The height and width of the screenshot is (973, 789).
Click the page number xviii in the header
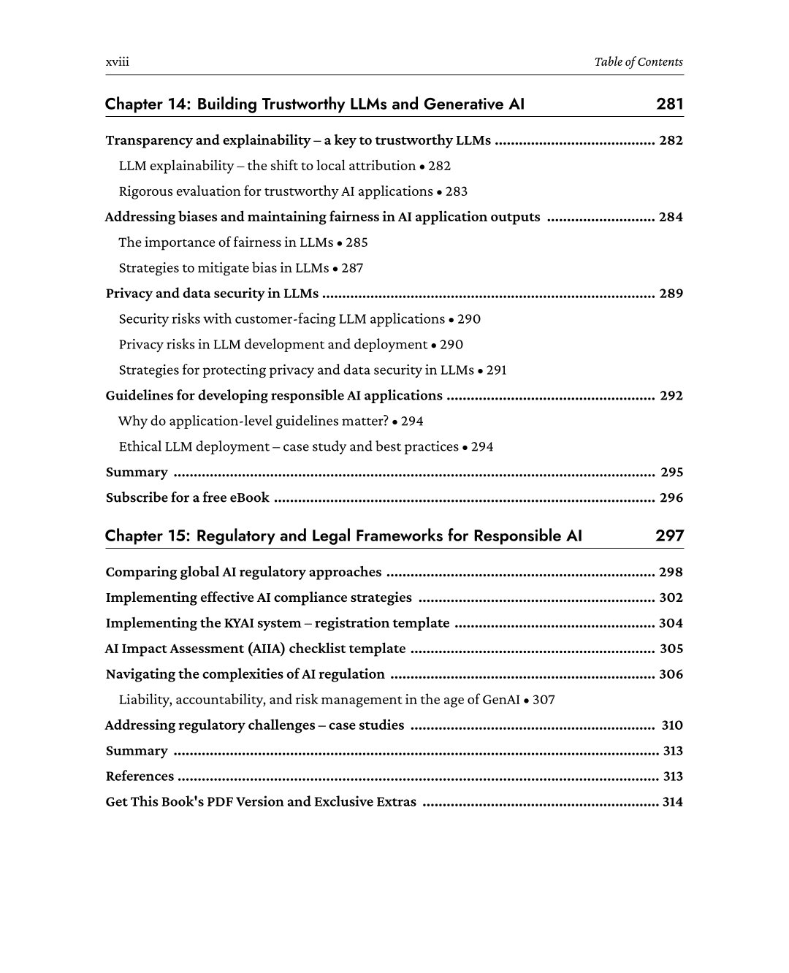(117, 62)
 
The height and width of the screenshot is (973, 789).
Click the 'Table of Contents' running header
(639, 62)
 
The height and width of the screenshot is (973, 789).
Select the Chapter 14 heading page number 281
(670, 104)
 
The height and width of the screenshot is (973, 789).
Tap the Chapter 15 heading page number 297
(670, 535)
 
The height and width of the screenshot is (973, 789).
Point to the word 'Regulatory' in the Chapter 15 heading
(235, 535)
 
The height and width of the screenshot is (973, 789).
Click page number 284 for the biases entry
(671, 217)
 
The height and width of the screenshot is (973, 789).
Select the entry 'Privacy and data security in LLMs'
(212, 294)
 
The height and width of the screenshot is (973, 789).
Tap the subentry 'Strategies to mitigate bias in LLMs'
(224, 268)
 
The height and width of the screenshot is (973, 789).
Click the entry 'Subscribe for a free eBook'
(188, 498)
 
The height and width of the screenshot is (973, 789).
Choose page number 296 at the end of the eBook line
(671, 498)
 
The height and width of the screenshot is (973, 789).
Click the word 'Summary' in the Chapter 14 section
(137, 473)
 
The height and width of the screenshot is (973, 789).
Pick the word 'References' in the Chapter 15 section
(140, 777)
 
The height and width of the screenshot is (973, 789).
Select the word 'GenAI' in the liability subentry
(501, 700)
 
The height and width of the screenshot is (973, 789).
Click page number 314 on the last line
(672, 802)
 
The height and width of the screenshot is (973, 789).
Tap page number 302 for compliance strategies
(671, 598)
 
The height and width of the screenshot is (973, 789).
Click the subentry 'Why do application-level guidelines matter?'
(253, 421)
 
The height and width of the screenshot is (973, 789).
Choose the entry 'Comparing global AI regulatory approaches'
(243, 572)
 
